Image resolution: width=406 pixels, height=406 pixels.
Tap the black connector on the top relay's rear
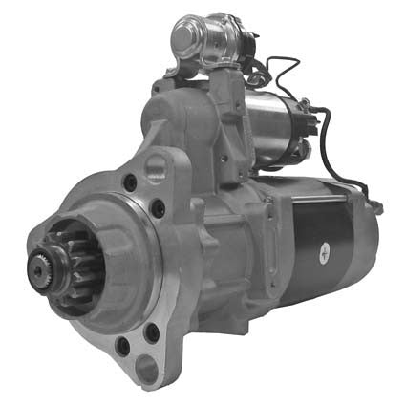251,42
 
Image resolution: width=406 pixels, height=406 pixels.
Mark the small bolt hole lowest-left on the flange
122,346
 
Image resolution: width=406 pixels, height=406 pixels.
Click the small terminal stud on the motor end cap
377,205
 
